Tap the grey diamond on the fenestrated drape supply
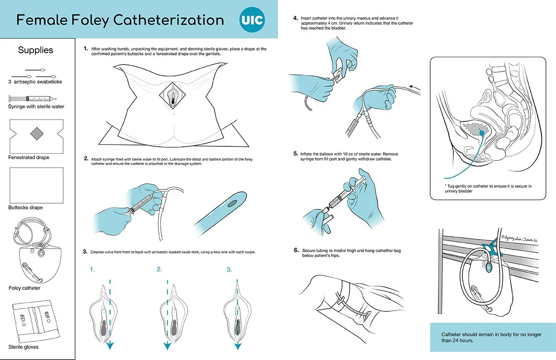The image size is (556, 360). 36,134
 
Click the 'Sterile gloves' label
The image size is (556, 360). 24,347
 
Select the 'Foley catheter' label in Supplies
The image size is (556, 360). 25,288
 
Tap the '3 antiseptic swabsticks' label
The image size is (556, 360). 35,82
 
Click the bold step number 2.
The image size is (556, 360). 86,159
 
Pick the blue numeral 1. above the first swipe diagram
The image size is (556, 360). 92,270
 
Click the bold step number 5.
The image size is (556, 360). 296,154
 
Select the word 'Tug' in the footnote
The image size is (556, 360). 453,186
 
